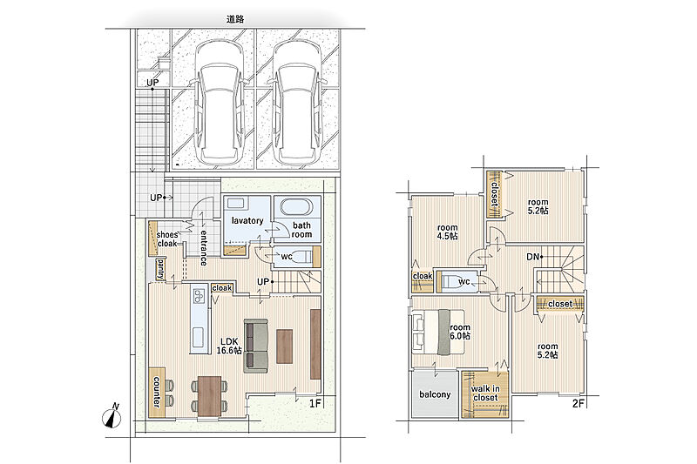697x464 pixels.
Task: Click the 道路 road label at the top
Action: tap(235, 19)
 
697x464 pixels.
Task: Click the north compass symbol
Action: tap(112, 417)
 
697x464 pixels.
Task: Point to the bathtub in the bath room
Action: tap(297, 207)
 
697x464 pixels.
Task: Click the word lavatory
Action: tap(247, 220)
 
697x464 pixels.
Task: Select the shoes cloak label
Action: tap(167, 239)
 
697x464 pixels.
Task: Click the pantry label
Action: tap(159, 269)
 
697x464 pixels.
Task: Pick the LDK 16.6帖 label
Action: tap(229, 346)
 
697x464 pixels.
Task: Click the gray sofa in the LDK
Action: tap(255, 346)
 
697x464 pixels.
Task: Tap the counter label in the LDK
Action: tap(157, 392)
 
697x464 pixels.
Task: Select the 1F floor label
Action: tap(315, 404)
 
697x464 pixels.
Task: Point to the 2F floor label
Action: tap(578, 404)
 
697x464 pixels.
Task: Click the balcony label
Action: tap(435, 394)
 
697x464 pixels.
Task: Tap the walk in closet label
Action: tap(485, 393)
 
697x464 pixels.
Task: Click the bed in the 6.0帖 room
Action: tap(438, 332)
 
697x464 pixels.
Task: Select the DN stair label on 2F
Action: tap(532, 257)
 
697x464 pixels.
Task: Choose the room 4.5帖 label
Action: tap(447, 232)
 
